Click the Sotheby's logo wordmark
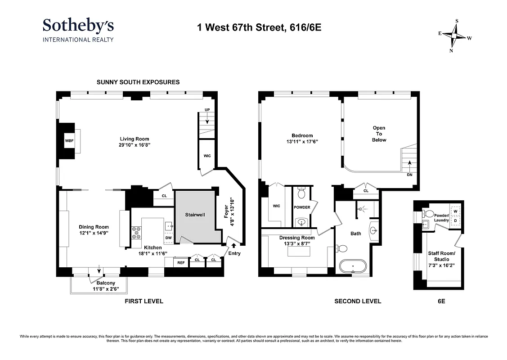click(x=78, y=25)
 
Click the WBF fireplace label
click(x=69, y=140)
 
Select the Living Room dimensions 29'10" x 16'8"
click(x=134, y=145)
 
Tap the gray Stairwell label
click(x=195, y=215)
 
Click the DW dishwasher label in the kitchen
click(x=168, y=237)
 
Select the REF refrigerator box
click(x=181, y=262)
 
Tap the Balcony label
click(x=99, y=283)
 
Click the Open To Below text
click(x=379, y=134)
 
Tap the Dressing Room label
click(x=297, y=238)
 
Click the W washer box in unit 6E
click(x=455, y=211)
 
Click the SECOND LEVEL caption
click(x=357, y=301)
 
